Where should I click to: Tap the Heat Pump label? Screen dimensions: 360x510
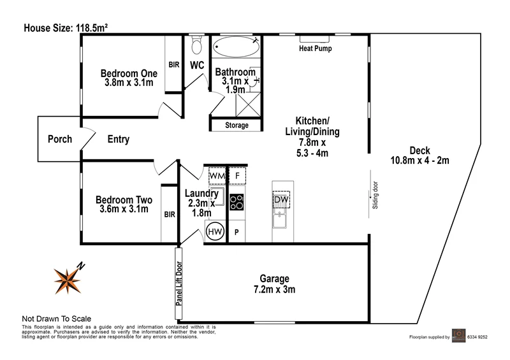click(x=316, y=48)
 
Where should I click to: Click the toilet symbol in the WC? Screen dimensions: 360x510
click(x=197, y=45)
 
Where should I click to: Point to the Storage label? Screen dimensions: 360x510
click(x=237, y=126)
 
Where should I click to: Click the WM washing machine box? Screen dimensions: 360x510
click(x=217, y=175)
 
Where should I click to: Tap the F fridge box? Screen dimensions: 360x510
click(x=237, y=175)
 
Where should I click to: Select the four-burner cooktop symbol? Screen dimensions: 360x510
click(x=237, y=203)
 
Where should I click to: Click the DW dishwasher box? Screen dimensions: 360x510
click(x=281, y=201)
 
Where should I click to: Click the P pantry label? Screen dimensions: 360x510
click(x=237, y=233)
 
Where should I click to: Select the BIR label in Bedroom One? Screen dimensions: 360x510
click(x=173, y=65)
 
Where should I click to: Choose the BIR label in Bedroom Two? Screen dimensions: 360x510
click(x=169, y=215)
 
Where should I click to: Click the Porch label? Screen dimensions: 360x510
click(x=60, y=140)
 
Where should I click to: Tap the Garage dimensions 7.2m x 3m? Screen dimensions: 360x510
click(x=274, y=290)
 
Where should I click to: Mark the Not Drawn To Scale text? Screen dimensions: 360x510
click(x=57, y=319)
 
